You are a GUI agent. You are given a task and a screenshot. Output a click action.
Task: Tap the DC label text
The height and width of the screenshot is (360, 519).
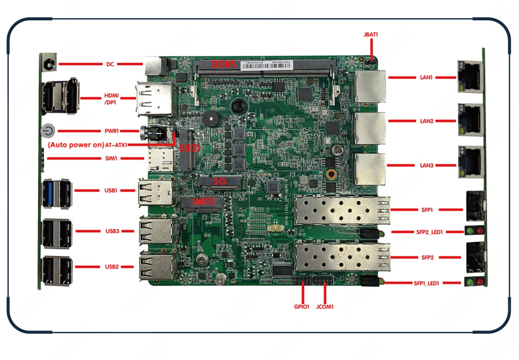[x=110, y=64]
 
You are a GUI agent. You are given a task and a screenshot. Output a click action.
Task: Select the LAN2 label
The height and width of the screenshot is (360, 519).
[x=426, y=121]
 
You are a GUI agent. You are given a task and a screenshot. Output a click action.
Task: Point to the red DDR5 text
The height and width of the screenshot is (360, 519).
[x=223, y=65]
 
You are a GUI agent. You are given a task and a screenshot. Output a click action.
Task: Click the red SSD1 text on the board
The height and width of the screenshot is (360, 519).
[x=190, y=147]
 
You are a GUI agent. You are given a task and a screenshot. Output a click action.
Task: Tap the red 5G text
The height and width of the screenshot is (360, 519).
[x=220, y=182]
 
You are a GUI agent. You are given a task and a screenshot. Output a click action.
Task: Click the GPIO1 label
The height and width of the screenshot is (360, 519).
[x=302, y=307]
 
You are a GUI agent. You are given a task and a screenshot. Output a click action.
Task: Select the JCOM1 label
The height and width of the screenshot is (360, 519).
[x=325, y=307]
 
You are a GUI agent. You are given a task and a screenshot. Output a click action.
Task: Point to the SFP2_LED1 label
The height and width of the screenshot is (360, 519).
[x=428, y=232]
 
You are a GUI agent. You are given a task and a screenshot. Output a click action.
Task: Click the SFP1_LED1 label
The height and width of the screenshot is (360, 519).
[x=426, y=284]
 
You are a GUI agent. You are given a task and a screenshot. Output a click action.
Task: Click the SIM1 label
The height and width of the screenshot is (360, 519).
[x=112, y=159]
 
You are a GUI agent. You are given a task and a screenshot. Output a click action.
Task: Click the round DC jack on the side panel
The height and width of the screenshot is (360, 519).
[x=48, y=64]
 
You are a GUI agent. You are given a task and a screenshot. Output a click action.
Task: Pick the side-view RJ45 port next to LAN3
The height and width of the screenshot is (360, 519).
[x=470, y=162]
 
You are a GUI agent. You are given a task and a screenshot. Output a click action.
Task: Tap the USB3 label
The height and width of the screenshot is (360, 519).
[x=112, y=231]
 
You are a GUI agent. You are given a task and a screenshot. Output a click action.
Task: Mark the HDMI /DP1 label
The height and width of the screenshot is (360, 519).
[x=111, y=99]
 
